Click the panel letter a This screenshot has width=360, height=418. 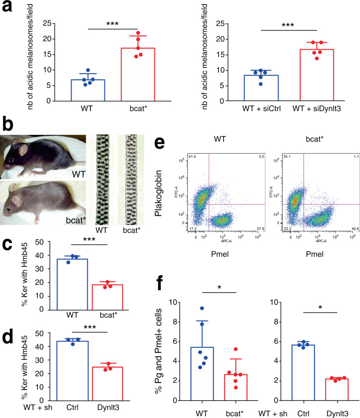pos(6,8)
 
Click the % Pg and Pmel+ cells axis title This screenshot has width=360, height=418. pos(173,351)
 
